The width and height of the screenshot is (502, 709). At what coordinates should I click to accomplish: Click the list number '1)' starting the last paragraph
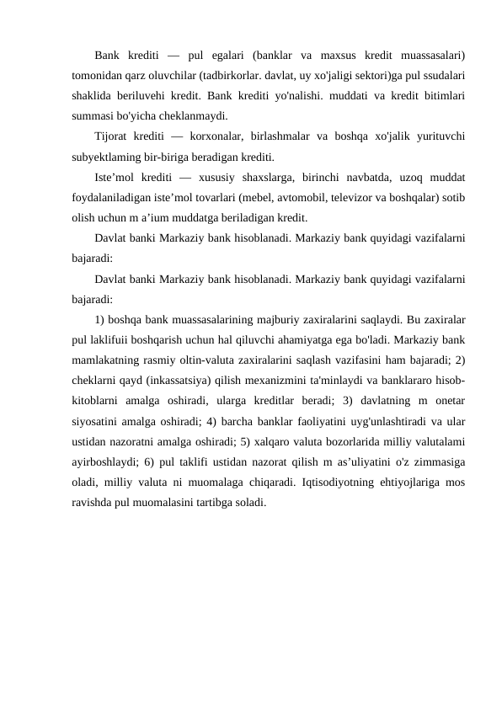[x=99, y=320]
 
